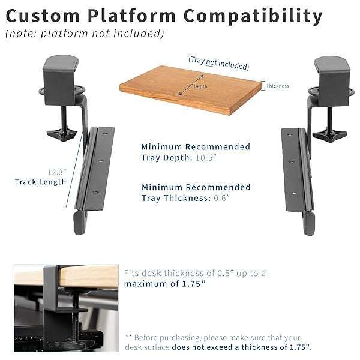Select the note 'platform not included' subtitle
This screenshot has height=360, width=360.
point(84,34)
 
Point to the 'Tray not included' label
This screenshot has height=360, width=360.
point(218,62)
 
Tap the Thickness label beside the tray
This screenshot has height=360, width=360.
point(278,86)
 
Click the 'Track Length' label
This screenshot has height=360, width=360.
point(41,182)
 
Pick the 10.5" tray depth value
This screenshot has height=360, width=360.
point(221,157)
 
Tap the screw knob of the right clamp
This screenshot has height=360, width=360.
point(329,133)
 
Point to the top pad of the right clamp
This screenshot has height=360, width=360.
point(331,63)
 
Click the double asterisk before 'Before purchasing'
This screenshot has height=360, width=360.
point(128,337)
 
